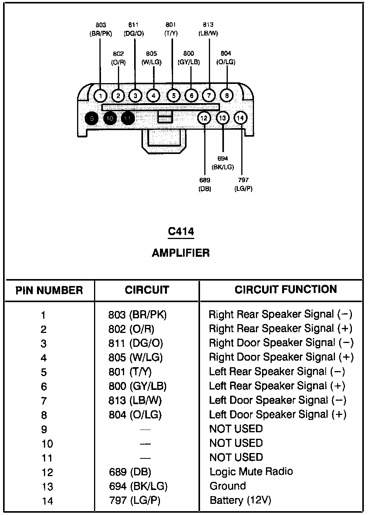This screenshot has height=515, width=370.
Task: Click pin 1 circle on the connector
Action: point(100,95)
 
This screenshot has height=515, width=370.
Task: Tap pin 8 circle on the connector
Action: point(227,95)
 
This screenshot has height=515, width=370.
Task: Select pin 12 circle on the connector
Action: point(204,118)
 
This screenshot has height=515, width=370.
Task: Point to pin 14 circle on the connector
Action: point(240,118)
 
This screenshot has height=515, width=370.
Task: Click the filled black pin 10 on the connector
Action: point(110,119)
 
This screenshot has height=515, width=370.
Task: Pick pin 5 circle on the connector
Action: point(173,95)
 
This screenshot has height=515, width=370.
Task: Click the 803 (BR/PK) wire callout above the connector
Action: point(101,29)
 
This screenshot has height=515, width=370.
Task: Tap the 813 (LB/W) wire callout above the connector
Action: point(208,29)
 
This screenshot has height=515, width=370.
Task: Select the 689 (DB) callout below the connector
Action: point(205,184)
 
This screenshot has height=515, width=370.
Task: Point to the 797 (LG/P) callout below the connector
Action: point(243,184)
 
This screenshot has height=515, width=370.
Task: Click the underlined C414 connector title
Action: point(181,232)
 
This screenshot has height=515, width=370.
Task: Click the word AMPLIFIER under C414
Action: point(181,253)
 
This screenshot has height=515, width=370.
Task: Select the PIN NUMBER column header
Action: point(49,290)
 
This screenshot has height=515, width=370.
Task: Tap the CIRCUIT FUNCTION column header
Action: point(286,289)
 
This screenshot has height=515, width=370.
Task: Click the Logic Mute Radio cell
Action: point(251,472)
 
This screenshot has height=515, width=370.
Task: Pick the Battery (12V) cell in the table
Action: point(240,500)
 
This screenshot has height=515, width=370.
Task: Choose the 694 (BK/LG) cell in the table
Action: point(138,486)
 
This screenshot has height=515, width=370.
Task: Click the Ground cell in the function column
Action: point(227,486)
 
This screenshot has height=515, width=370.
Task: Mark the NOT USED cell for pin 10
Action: point(236,443)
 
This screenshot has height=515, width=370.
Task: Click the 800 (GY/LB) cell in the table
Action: point(137,386)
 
